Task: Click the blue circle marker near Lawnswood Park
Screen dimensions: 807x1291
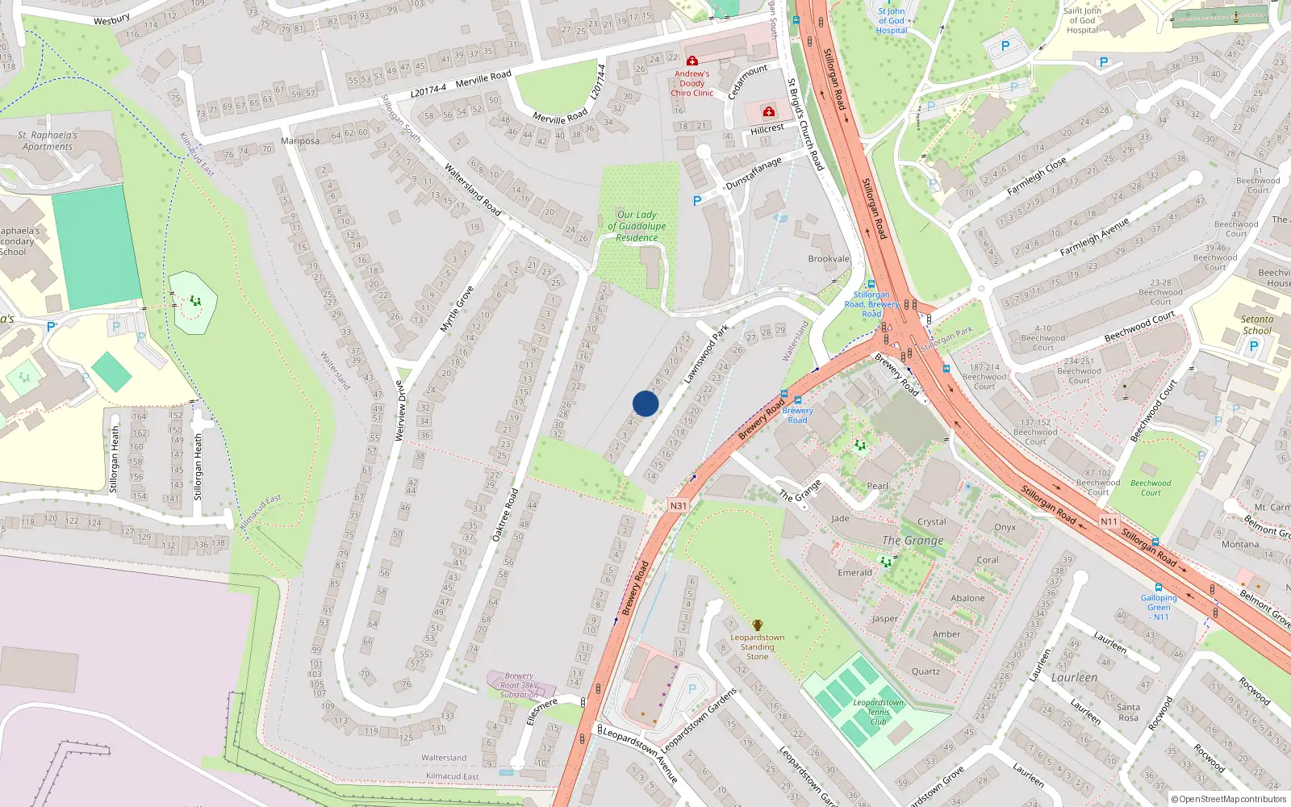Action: [x=645, y=403]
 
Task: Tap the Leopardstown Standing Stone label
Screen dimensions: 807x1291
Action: [x=757, y=647]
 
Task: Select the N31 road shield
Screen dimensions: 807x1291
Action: [x=679, y=506]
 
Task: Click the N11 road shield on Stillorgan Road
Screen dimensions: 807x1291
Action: [x=1109, y=521]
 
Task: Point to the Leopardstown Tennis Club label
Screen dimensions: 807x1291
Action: [x=878, y=712]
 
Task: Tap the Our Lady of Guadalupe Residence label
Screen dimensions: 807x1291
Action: [x=637, y=226]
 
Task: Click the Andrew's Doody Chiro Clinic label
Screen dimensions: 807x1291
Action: [x=691, y=83]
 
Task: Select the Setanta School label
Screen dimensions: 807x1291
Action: [x=1256, y=324]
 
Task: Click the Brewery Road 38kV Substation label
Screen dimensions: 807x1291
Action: [x=519, y=685]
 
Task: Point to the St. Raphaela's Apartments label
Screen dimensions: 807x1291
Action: [x=48, y=140]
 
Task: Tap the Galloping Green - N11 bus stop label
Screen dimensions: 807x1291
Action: [x=1159, y=607]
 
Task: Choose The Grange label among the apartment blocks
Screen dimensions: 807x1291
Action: [x=913, y=540]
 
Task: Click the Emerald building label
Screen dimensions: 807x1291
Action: [x=854, y=572]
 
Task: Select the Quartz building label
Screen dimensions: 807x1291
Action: [x=925, y=671]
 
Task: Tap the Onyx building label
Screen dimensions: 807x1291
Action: [x=1005, y=527]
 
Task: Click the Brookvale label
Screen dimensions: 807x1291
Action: [x=829, y=259]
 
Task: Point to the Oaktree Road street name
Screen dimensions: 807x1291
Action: [x=505, y=514]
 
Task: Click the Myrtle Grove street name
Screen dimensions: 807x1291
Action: [x=457, y=309]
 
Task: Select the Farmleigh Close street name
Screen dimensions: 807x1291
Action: [x=1036, y=176]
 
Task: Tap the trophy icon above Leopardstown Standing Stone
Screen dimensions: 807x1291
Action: [x=757, y=625]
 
